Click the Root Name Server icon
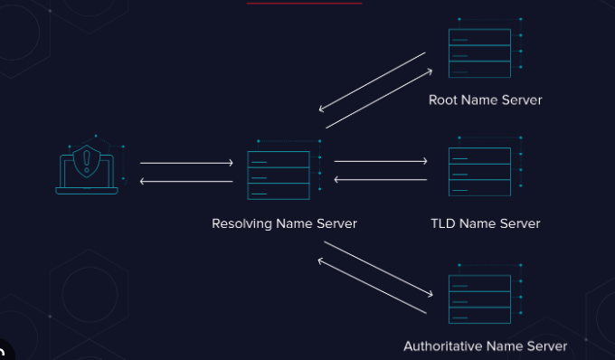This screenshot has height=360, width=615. (479, 53)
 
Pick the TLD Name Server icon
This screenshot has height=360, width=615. (479, 171)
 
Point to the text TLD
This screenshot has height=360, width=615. (443, 223)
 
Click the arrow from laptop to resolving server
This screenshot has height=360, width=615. (186, 163)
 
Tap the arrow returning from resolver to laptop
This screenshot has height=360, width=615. (186, 182)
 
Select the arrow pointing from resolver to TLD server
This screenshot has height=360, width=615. (381, 162)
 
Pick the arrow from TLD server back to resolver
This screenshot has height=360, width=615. (381, 179)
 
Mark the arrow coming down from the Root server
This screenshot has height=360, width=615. (372, 82)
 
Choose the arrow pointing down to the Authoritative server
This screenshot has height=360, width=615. (378, 269)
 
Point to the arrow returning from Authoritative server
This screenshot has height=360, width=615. (372, 287)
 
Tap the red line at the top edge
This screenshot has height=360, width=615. (304, 3)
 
